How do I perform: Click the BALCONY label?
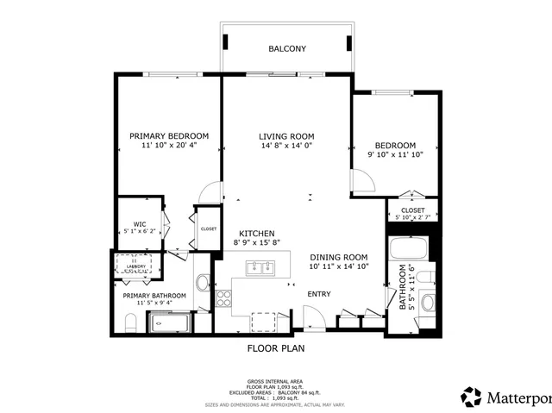286,49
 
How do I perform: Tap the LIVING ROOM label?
286,136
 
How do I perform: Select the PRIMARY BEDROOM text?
169,136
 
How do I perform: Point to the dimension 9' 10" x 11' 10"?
395,156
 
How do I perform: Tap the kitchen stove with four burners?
223,298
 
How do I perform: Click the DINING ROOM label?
339,257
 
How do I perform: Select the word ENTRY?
319,294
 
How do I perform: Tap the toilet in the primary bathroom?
130,324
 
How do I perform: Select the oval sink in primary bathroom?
203,282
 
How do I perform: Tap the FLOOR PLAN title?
276,349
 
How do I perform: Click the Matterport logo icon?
472,397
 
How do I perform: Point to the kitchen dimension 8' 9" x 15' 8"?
257,244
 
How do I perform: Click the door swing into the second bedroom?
363,181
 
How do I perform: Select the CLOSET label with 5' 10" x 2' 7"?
412,210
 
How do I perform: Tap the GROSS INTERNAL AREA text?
275,379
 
